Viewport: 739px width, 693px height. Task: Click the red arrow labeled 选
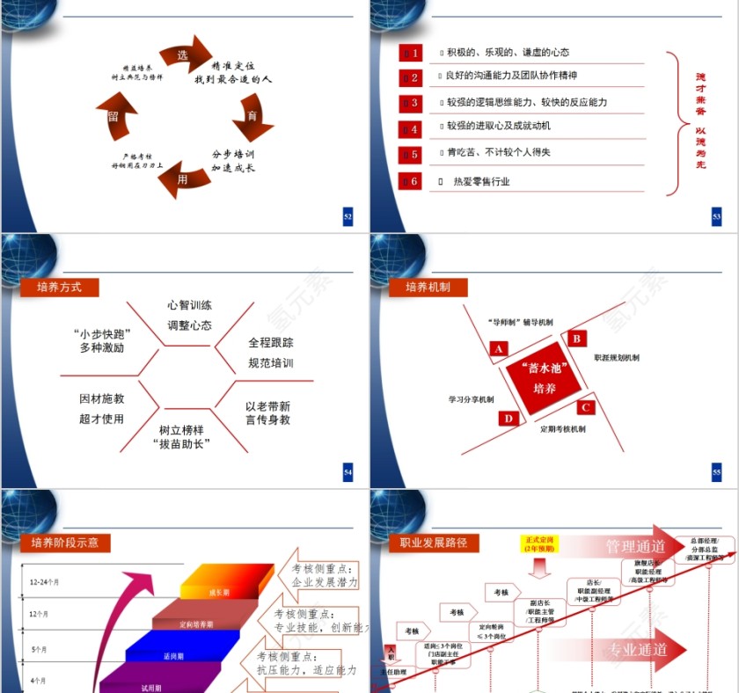(x=187, y=55)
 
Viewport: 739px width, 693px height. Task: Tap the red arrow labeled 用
(x=183, y=179)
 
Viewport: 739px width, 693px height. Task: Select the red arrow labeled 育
(x=252, y=117)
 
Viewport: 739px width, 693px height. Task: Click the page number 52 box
(x=348, y=216)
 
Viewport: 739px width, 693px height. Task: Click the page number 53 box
(x=716, y=216)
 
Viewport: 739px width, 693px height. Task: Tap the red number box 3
(x=410, y=103)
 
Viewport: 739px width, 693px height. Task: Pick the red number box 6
(x=410, y=181)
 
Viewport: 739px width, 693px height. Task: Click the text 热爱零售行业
(x=481, y=181)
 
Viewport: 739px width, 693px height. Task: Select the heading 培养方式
(x=60, y=287)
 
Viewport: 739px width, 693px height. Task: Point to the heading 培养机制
(x=428, y=287)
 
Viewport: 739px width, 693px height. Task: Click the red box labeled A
(x=499, y=349)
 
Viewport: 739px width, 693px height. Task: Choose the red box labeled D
(x=509, y=418)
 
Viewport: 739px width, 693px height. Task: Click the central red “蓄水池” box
(x=544, y=378)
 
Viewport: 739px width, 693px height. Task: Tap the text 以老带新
(x=267, y=406)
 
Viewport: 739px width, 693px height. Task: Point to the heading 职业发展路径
(x=434, y=542)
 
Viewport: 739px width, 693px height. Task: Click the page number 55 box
(x=716, y=473)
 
